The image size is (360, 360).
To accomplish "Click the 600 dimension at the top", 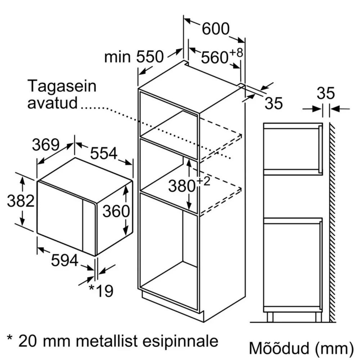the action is (x=216, y=29).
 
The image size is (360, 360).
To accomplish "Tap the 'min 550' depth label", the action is (x=134, y=57).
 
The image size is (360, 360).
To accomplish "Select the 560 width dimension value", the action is (x=215, y=57).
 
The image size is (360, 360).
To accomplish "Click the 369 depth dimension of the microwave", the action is (x=46, y=145).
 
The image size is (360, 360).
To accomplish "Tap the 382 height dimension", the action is (x=21, y=201).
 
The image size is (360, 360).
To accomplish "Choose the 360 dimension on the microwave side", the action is (x=116, y=211).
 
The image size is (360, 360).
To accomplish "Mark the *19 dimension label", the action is (x=101, y=291).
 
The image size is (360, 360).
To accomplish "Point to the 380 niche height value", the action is (x=182, y=186).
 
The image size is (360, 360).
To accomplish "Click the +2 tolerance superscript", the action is (x=204, y=181).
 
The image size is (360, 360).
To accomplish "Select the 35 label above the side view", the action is (x=326, y=93).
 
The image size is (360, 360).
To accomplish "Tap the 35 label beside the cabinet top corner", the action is (x=274, y=103).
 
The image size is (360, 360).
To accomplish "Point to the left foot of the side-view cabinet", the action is (x=270, y=317).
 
